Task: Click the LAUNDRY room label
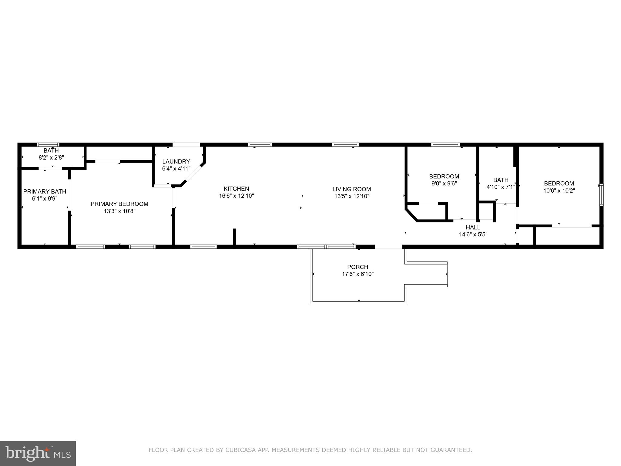click(176, 161)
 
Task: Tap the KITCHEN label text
click(236, 189)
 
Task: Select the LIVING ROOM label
click(351, 189)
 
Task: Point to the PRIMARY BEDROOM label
click(119, 204)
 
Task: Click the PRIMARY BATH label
click(45, 191)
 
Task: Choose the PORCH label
click(357, 267)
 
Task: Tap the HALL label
click(473, 227)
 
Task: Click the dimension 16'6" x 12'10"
click(236, 196)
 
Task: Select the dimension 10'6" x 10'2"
click(559, 191)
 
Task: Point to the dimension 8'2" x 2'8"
click(51, 157)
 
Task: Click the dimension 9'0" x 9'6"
click(444, 184)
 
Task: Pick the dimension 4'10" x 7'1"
click(501, 187)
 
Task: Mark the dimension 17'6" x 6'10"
click(357, 274)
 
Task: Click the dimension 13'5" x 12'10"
click(351, 196)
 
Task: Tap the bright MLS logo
click(38, 453)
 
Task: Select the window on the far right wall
click(601, 195)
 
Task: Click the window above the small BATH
click(48, 145)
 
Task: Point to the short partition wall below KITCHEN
click(234, 236)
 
